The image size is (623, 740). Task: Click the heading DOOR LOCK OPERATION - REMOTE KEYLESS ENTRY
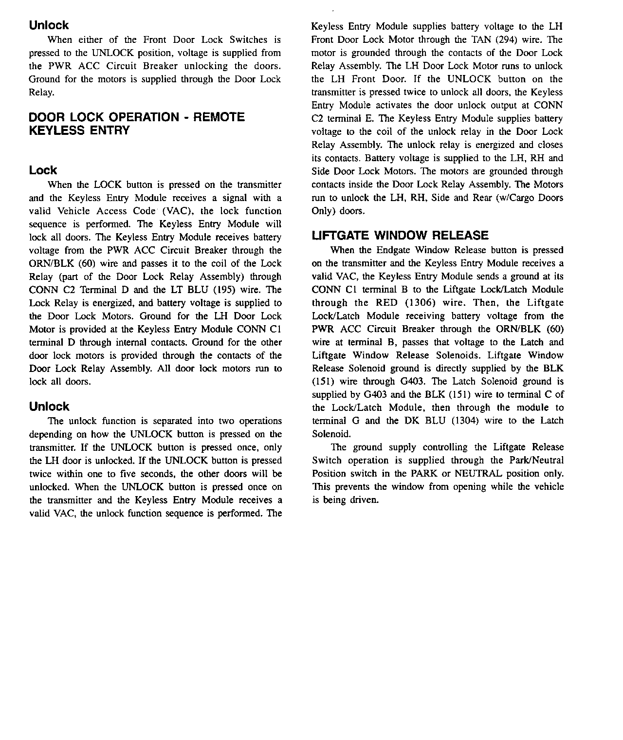pyautogui.click(x=137, y=124)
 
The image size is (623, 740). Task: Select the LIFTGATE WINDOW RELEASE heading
pyautogui.click(x=400, y=236)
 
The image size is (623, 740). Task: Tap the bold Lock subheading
pyautogui.click(x=43, y=170)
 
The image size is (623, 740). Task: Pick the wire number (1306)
pyautogui.click(x=420, y=303)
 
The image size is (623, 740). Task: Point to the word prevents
pyautogui.click(x=347, y=487)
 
